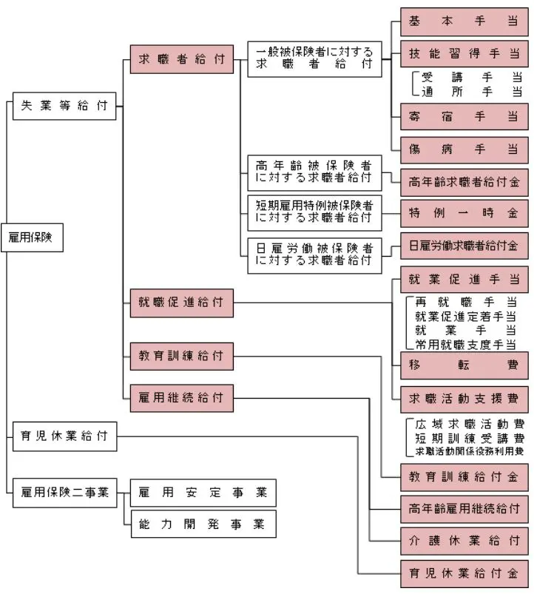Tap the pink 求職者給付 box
click(x=181, y=59)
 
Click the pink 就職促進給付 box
click(x=181, y=302)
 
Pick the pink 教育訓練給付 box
click(x=181, y=356)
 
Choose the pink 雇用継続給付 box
click(x=181, y=397)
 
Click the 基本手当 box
click(x=464, y=22)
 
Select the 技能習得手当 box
click(x=464, y=54)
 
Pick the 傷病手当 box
click(x=464, y=149)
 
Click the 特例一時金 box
click(x=464, y=212)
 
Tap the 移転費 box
click(x=464, y=365)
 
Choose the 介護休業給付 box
click(x=464, y=540)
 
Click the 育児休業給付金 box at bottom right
click(x=464, y=572)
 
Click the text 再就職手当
click(x=465, y=303)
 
